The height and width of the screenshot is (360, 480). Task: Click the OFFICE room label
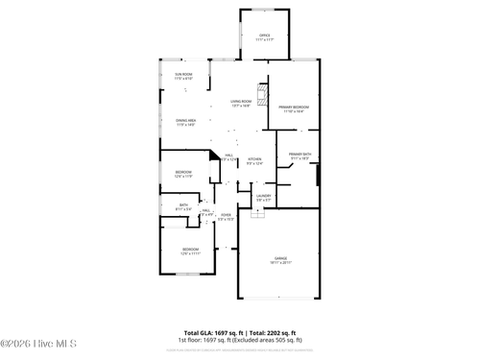[x=265, y=36]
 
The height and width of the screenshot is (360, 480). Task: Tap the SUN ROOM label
[x=183, y=74]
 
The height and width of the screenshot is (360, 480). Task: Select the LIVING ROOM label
[x=240, y=101]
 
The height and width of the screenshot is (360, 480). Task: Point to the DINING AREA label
[x=185, y=120]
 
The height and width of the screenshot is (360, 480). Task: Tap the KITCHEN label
[x=254, y=159]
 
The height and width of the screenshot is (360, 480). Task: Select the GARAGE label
[x=279, y=257]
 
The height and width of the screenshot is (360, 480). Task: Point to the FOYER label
[x=226, y=215]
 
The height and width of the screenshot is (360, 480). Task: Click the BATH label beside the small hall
[x=183, y=204]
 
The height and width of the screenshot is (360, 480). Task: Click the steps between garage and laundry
[x=256, y=214]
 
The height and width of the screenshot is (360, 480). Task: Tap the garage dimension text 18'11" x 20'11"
[x=279, y=262]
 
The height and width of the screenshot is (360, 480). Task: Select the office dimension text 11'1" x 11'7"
[x=265, y=40]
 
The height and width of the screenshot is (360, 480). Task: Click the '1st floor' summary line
[x=240, y=340]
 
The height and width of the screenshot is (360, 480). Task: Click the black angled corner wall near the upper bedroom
[x=213, y=154]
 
